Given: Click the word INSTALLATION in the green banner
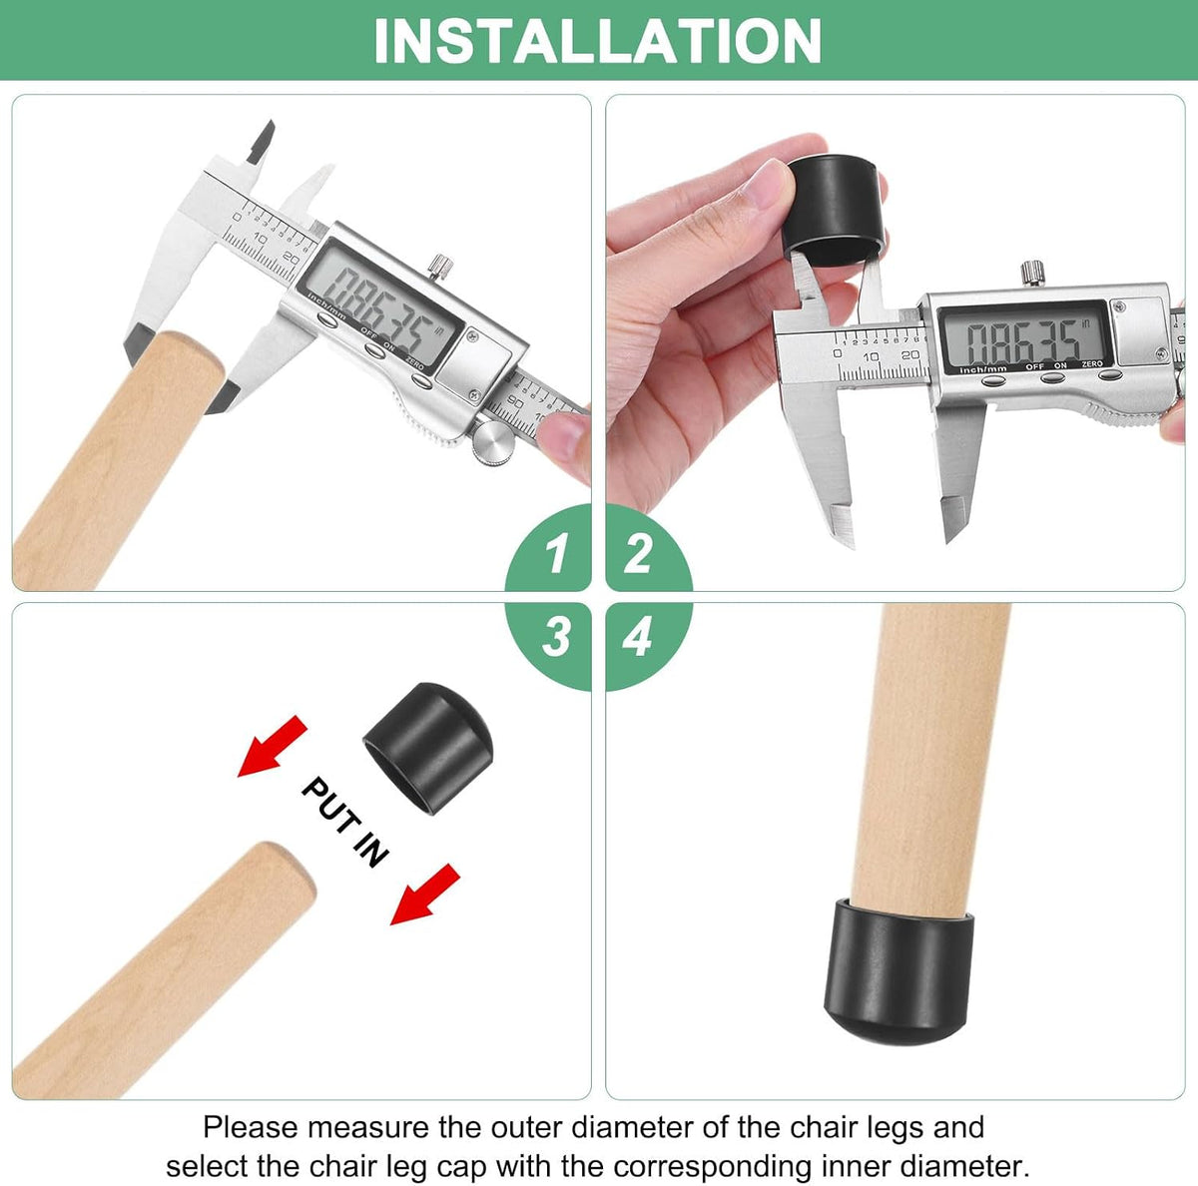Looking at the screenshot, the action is (x=597, y=40).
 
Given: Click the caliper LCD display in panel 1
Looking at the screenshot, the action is (x=381, y=306).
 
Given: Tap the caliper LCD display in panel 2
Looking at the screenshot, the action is (x=1022, y=339).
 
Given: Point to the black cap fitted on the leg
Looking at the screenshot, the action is (x=898, y=971).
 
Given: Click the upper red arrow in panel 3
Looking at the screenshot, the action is (x=273, y=746).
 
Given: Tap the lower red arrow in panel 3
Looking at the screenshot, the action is (x=424, y=894).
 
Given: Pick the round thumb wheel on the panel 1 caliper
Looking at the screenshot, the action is (x=493, y=442).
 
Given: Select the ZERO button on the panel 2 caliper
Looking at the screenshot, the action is (x=1110, y=375).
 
